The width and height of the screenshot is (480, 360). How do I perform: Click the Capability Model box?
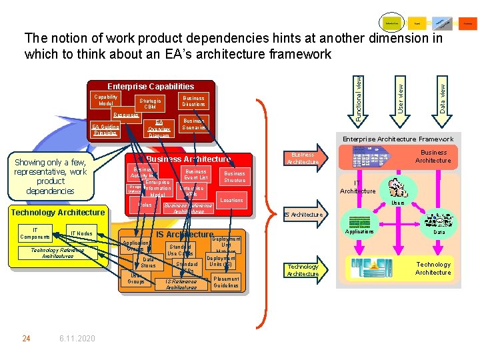point(105,101)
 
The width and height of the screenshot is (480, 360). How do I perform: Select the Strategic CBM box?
point(150,104)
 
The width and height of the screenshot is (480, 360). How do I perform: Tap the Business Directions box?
point(193,101)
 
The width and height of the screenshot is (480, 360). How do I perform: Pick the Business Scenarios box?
point(193,124)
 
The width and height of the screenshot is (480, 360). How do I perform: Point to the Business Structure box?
point(235,177)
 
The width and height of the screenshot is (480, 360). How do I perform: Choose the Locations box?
point(231,200)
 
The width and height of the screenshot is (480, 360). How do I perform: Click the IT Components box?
point(35,233)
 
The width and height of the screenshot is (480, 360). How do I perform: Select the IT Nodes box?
point(81,233)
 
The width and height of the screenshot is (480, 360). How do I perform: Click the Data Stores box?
point(148,263)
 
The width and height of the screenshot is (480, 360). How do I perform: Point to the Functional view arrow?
point(358,100)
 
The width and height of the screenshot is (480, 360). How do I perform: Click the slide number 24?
point(26,339)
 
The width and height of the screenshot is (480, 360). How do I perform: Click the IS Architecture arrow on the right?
point(304,215)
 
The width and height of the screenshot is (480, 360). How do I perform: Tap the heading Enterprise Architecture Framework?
point(397,139)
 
